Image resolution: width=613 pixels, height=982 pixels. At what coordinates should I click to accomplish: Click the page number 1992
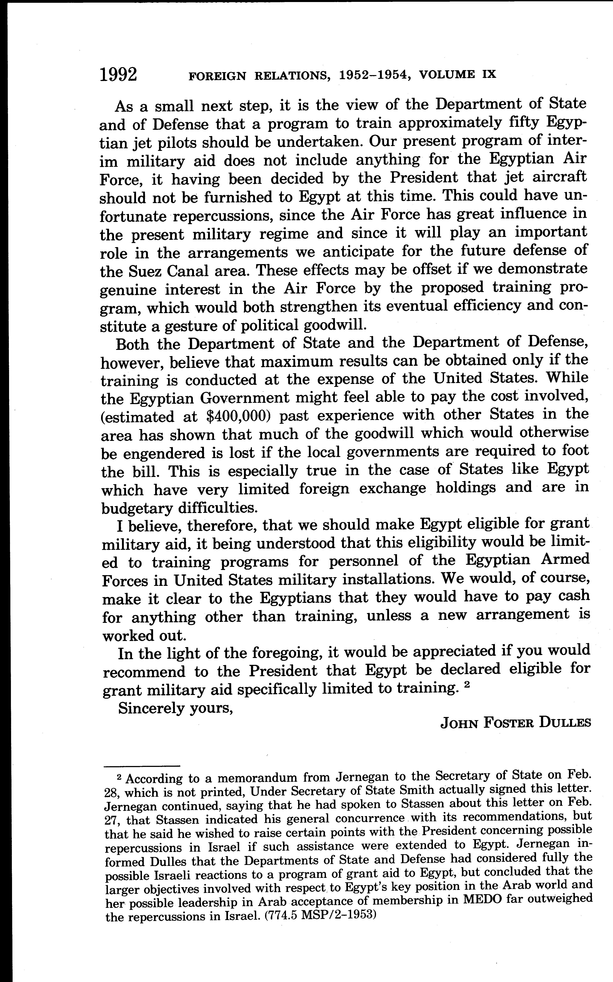pyautogui.click(x=118, y=75)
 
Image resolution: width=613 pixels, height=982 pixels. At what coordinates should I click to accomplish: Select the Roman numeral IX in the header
pyautogui.click(x=489, y=75)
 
